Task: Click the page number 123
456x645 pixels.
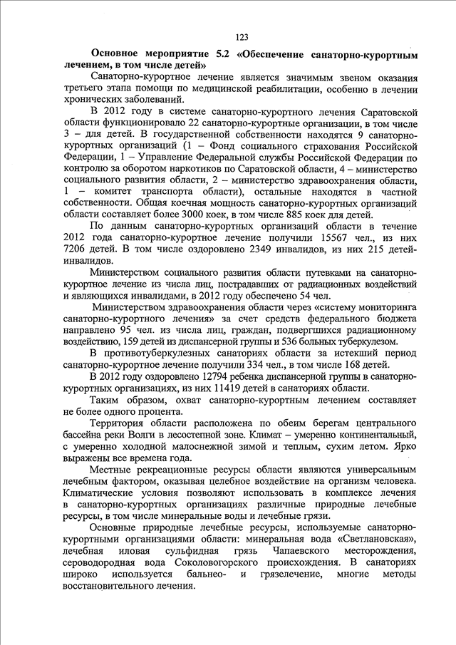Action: tap(241, 37)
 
